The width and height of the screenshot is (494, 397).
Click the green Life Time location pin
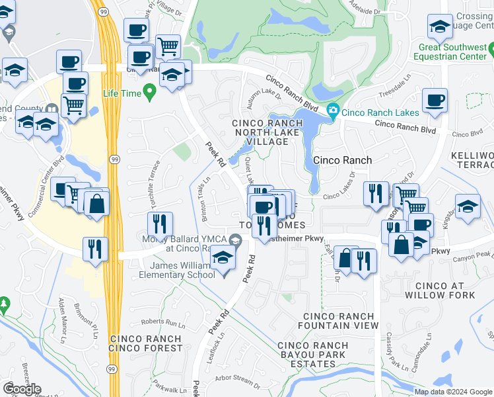(150, 93)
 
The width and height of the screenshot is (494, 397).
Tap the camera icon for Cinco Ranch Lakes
(332, 110)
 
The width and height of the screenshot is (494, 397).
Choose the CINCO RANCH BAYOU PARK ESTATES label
(312, 355)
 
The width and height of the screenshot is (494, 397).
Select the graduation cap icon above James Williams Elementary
(224, 257)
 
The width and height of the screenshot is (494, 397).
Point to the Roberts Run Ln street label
(162, 323)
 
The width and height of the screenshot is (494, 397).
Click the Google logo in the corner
(22, 389)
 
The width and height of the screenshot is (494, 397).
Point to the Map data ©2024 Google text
(452, 392)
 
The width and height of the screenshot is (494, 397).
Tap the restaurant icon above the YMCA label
(160, 224)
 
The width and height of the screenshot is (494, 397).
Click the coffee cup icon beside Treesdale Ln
(434, 101)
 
